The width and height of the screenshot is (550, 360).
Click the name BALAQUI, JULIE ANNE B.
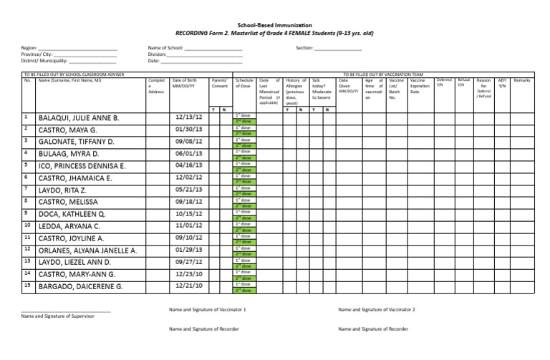[x=79, y=117]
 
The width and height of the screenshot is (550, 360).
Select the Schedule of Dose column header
[x=244, y=86]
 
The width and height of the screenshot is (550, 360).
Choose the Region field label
[x=31, y=47]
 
